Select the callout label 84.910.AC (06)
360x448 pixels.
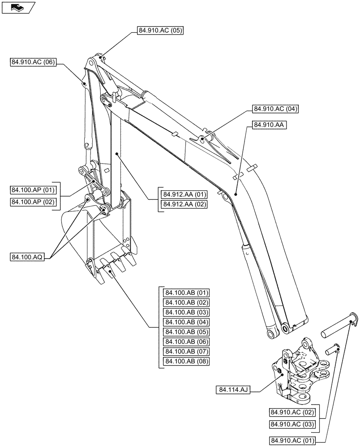(33, 63)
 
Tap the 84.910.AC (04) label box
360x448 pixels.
(276, 108)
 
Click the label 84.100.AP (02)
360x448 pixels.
(33, 202)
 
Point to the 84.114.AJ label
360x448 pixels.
(233, 390)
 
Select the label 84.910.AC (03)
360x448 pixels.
(291, 424)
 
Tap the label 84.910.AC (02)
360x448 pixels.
(291, 412)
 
